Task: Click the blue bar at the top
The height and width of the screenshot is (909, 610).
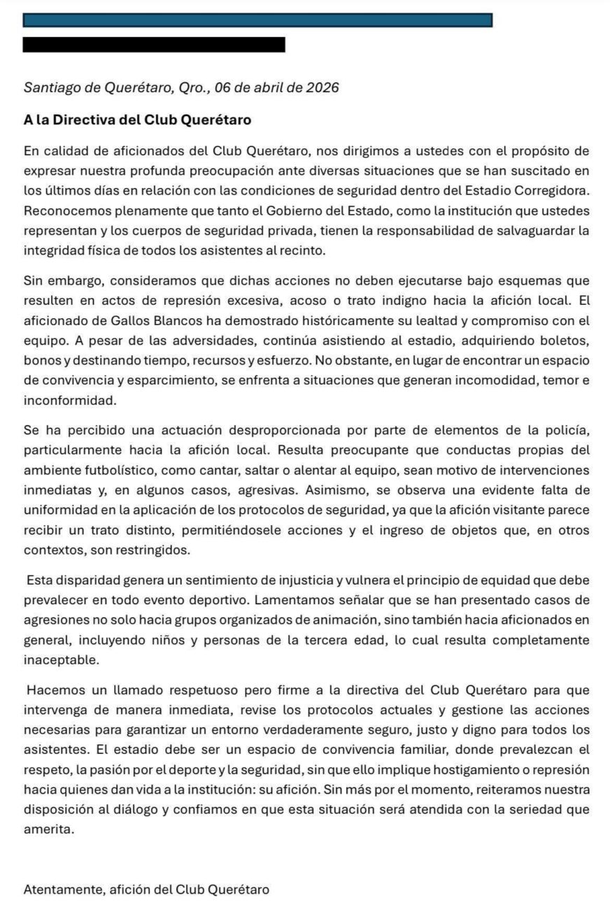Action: (x=257, y=20)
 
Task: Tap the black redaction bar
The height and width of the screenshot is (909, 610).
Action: (x=154, y=45)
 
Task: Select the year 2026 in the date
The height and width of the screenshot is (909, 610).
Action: (x=322, y=88)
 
